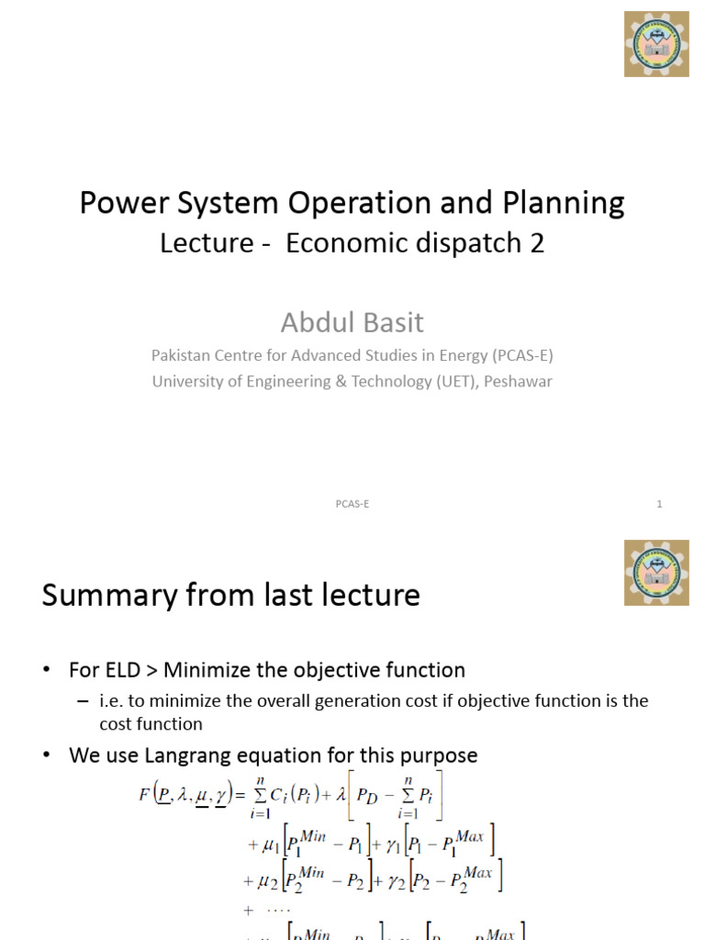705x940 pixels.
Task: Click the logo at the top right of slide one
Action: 656,44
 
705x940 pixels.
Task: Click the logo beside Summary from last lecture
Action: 656,572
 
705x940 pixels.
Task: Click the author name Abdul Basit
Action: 352,322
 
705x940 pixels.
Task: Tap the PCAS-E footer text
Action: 352,504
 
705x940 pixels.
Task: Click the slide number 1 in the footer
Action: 659,504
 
